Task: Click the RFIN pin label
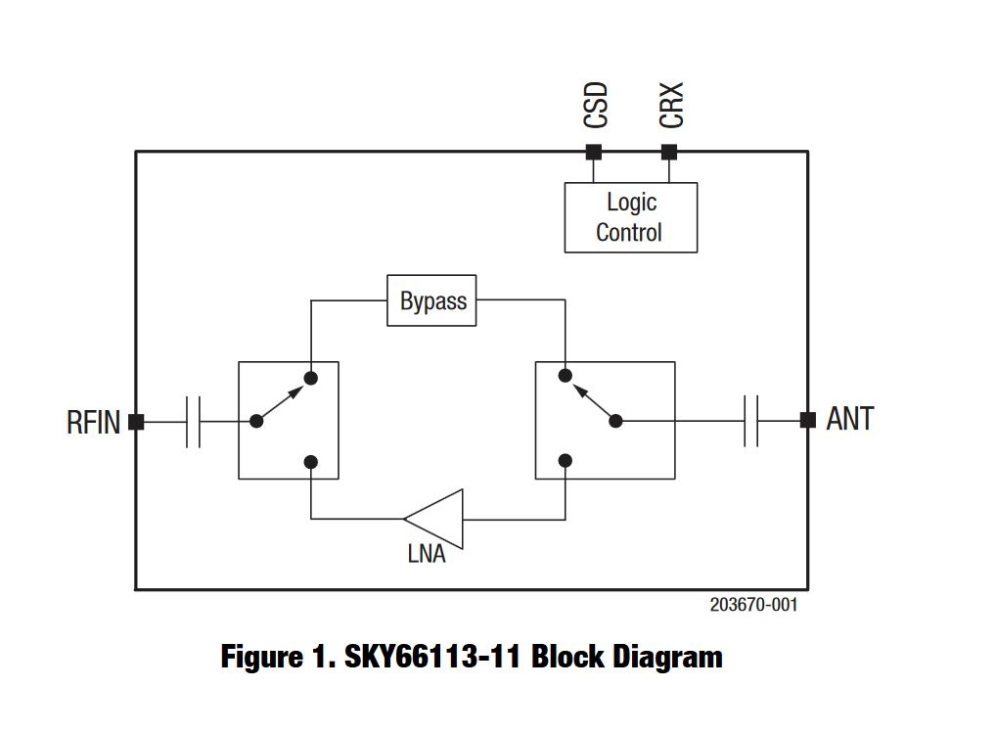point(93,422)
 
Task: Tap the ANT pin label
point(849,419)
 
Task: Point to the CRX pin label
point(671,105)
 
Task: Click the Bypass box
point(432,300)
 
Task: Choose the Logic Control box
point(630,217)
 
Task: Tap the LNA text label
point(426,554)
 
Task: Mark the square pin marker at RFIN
point(136,422)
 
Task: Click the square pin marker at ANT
point(807,420)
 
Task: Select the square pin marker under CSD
point(593,152)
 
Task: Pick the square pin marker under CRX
point(669,152)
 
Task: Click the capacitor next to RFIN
point(193,422)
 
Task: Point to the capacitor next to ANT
point(750,421)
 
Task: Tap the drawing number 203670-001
point(753,605)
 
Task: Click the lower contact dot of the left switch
point(311,461)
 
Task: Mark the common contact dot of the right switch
point(615,421)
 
